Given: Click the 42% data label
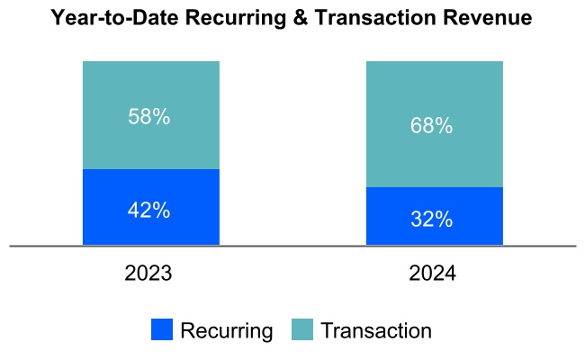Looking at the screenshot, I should pos(148,210).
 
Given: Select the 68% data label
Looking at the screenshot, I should pos(432,126).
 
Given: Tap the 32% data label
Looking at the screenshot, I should pos(432,219).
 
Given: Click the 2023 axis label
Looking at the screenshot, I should pos(149,274).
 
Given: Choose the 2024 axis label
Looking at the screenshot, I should pos(432,274).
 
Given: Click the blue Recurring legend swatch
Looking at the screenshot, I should pos(162,330).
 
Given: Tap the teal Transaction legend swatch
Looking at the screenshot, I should pos(302,330).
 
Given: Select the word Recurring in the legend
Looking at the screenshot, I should pos(226,330).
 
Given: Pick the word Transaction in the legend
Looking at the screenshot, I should pos(376,330).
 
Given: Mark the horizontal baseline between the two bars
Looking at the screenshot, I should pos(292,245).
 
